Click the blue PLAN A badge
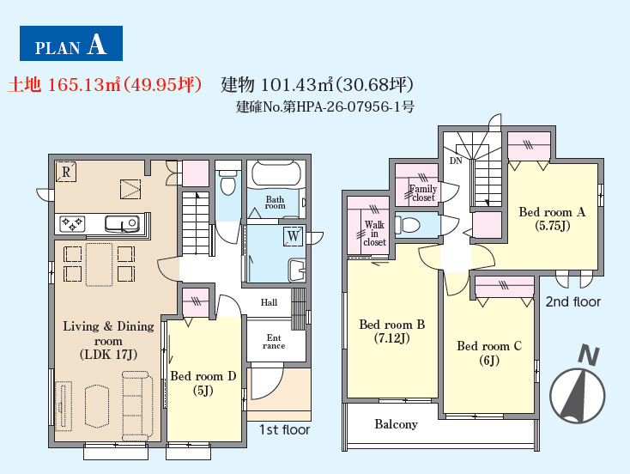click(71, 44)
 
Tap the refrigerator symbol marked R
click(65, 172)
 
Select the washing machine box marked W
click(294, 235)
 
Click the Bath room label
click(276, 203)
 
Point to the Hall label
click(269, 302)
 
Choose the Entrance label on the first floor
click(274, 341)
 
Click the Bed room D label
click(203, 383)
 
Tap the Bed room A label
click(552, 219)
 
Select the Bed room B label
click(391, 331)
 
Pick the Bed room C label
click(489, 353)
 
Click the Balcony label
click(396, 424)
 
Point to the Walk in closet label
click(374, 234)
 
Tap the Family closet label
click(422, 193)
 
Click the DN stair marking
click(456, 161)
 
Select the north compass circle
click(577, 395)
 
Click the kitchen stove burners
click(72, 224)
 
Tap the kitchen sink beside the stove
click(122, 224)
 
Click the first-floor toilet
click(227, 182)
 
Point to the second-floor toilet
click(408, 225)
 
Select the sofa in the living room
click(136, 405)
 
